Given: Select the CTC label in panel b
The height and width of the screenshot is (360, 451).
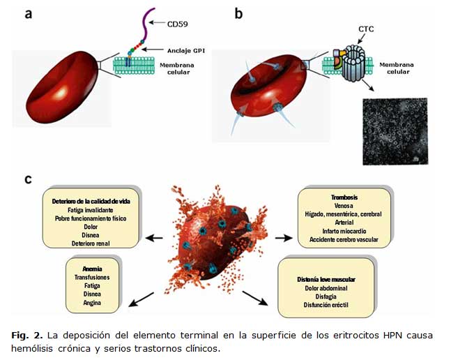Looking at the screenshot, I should click(x=366, y=30).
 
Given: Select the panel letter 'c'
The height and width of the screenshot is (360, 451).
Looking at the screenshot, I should click(x=28, y=179).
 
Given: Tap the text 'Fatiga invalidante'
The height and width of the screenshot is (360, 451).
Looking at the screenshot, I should click(x=93, y=209).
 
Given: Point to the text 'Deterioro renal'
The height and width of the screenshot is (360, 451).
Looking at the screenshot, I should click(x=93, y=243).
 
